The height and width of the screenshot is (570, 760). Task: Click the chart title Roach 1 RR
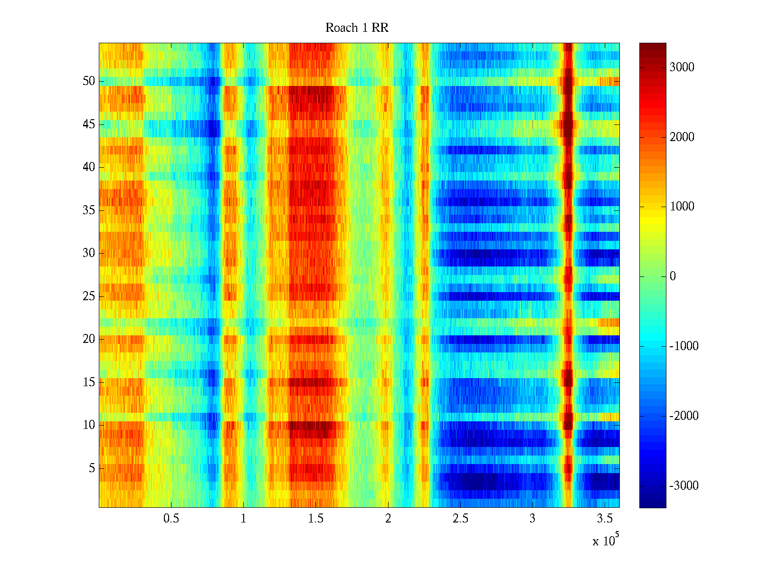tap(357, 28)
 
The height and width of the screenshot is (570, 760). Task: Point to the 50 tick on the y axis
tap(89, 81)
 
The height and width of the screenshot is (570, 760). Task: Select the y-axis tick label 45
tap(89, 124)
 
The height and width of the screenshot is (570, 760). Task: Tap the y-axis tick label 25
tap(89, 296)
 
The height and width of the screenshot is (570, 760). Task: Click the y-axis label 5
tap(92, 468)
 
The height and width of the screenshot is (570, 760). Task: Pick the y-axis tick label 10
tap(89, 425)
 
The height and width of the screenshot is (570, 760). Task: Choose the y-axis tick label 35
tap(89, 210)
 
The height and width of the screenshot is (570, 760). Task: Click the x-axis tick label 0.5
tap(171, 519)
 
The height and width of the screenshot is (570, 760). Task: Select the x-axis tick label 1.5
tap(315, 519)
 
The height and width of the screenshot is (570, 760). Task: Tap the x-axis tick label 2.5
tap(460, 519)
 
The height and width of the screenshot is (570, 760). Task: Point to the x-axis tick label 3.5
tap(604, 519)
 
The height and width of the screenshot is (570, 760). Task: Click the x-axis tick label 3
tap(532, 519)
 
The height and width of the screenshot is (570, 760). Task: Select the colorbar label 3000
tap(682, 67)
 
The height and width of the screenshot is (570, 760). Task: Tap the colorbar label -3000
tap(684, 486)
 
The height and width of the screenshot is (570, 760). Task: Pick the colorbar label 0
tap(672, 276)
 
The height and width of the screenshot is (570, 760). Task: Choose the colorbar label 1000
tap(682, 207)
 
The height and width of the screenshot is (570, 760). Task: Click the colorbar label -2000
tap(684, 416)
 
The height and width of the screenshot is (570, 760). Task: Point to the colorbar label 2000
tap(682, 137)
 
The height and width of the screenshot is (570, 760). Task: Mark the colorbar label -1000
tap(684, 346)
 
